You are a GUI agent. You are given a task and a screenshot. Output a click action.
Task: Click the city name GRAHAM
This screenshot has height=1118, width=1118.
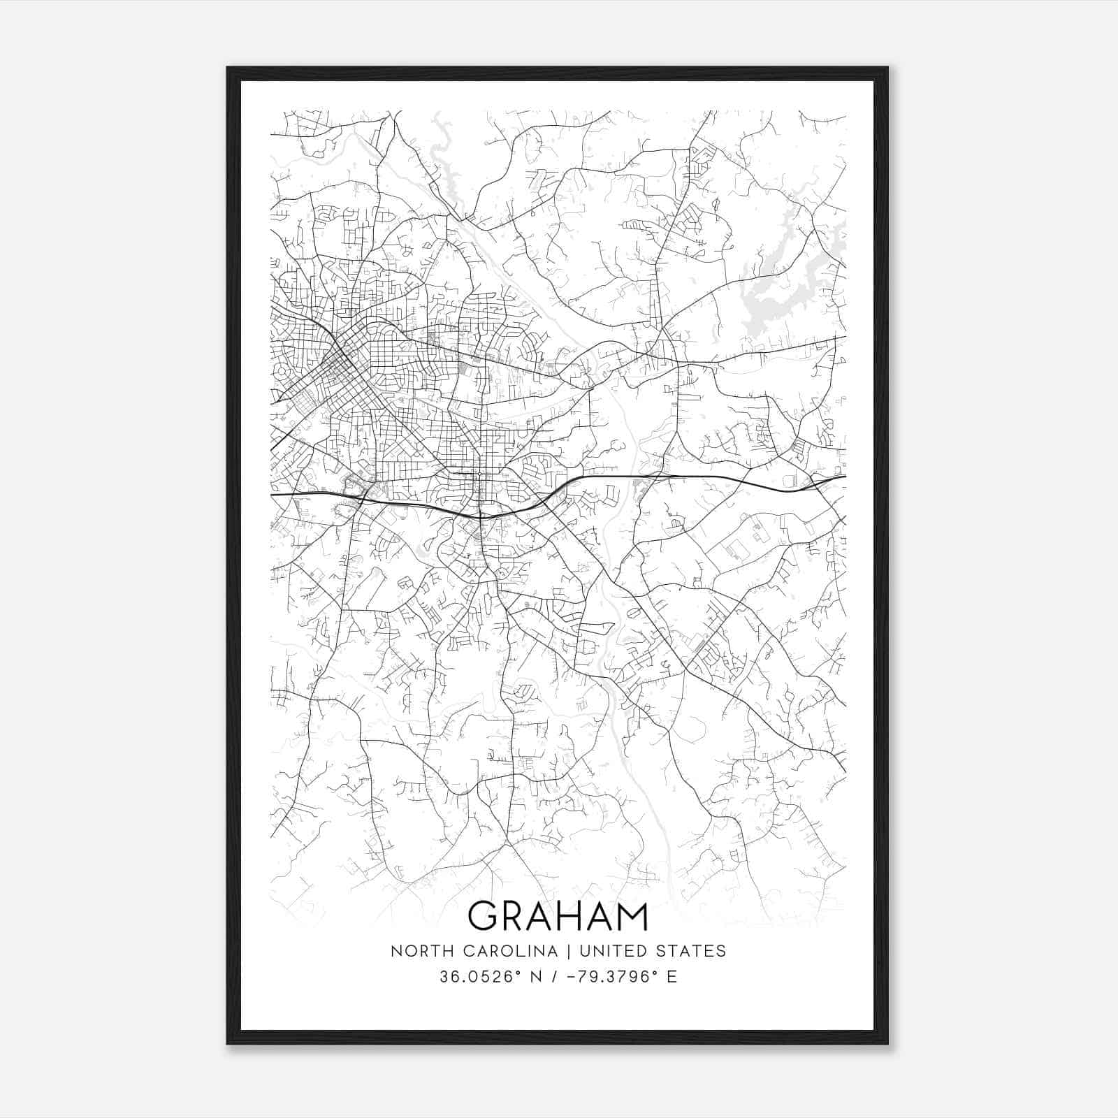(x=558, y=916)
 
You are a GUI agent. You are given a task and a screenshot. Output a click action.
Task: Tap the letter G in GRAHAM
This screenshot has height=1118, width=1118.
(x=482, y=916)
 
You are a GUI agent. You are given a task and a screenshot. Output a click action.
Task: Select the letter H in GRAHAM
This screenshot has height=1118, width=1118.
(x=567, y=916)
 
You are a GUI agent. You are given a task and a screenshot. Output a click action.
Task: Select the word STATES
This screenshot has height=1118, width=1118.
(x=692, y=951)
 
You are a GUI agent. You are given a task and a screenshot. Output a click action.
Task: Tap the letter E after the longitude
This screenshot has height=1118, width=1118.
(x=671, y=977)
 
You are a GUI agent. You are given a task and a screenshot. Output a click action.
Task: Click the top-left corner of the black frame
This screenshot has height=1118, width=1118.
(x=228, y=68)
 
